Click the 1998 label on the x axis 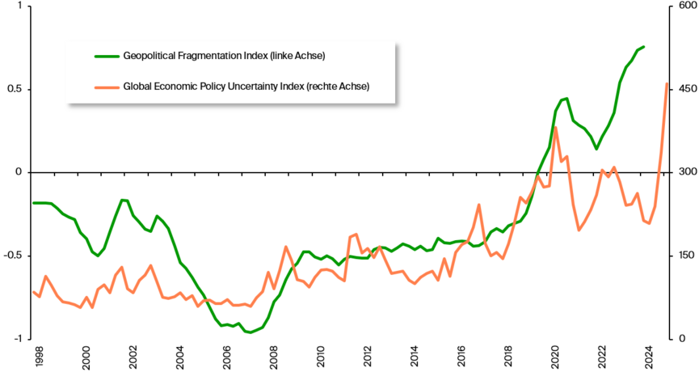click(x=39, y=356)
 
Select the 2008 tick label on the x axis click(x=274, y=356)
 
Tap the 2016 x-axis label click(x=461, y=356)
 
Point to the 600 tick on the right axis click(x=683, y=6)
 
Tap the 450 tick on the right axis click(x=683, y=89)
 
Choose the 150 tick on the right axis click(x=683, y=256)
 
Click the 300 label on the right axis click(x=683, y=172)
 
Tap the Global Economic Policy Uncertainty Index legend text click(x=246, y=86)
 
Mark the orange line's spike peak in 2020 click(x=556, y=128)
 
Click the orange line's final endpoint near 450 click(x=667, y=83)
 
